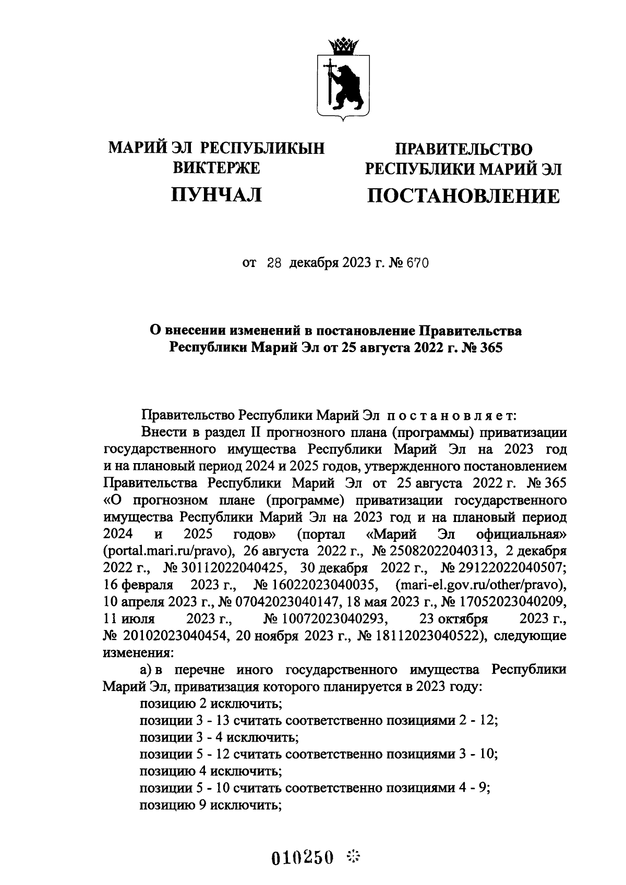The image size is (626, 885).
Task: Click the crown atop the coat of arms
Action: [344, 46]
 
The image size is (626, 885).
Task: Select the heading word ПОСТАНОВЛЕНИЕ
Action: [463, 197]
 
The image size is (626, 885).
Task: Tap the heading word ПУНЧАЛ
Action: [216, 195]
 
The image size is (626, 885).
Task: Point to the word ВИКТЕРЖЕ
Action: [216, 168]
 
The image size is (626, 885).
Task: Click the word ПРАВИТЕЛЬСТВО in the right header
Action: [463, 150]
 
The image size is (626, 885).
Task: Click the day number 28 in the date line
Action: [274, 264]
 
